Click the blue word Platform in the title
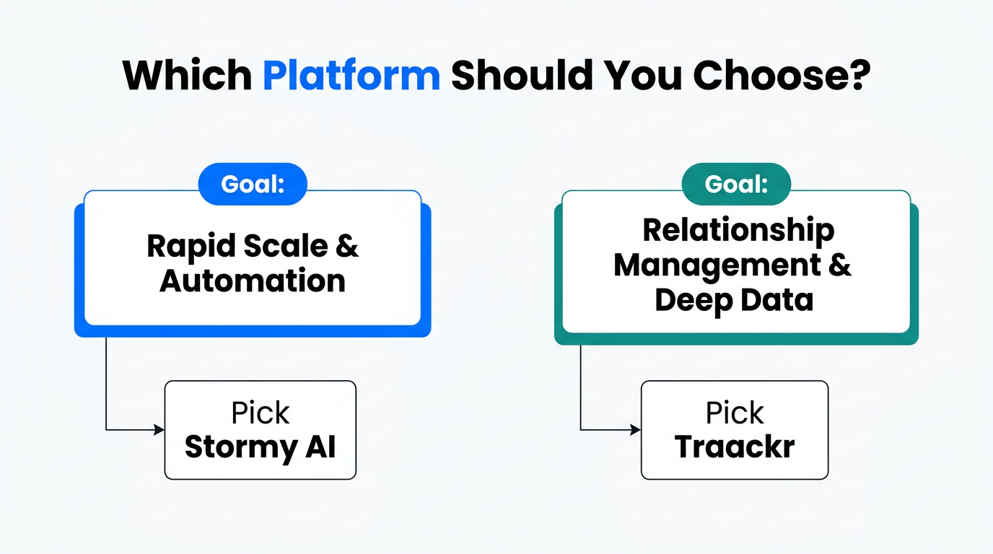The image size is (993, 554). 351,74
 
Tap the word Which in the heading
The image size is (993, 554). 187,74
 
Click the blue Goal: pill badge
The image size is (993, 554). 253,184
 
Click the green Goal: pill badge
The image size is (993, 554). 736,184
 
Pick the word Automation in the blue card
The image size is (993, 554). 253,281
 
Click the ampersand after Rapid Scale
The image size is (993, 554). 347,247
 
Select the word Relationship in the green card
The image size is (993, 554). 738,230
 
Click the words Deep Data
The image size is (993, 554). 734,299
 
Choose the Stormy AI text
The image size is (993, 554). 261,447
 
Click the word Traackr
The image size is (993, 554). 735,447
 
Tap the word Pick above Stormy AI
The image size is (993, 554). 261,413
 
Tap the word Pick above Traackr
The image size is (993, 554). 735,413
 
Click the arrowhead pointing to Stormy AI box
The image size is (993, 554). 159,430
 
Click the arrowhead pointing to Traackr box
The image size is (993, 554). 636,430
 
